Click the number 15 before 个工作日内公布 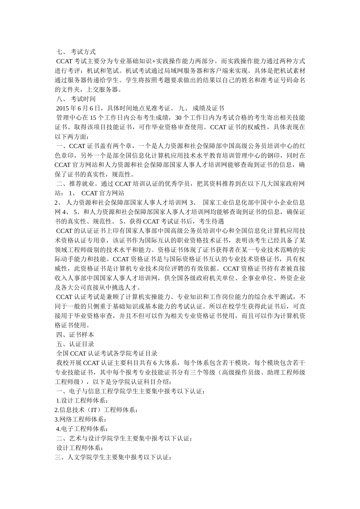[x=93, y=118]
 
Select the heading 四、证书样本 [x=75, y=334]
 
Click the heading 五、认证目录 [x=75, y=344]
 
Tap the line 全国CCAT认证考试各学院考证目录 [x=106, y=353]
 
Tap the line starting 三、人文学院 [x=113, y=457]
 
